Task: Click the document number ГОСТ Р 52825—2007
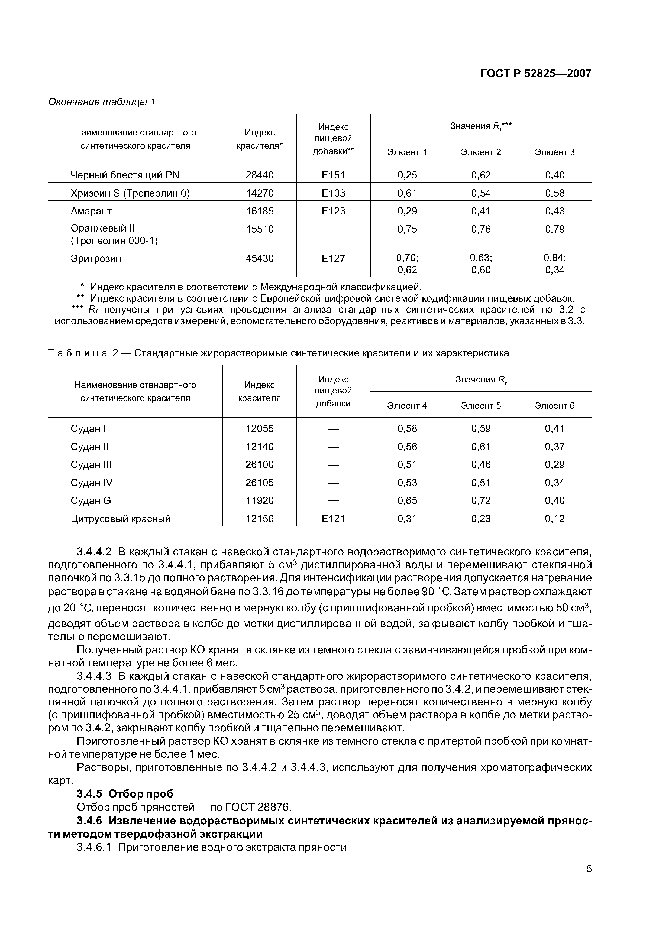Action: [x=535, y=74]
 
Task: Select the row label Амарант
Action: [x=91, y=211]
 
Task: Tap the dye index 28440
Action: [x=260, y=175]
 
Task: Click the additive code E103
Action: [x=333, y=193]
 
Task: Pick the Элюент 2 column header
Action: [x=481, y=152]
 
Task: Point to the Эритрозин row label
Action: [x=96, y=259]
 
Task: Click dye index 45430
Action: [x=260, y=259]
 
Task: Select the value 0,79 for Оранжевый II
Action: [x=555, y=229]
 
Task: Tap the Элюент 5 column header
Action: [x=481, y=405]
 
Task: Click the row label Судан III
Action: [x=91, y=465]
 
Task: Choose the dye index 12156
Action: [x=260, y=519]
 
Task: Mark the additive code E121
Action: [x=333, y=519]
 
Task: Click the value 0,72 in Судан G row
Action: [x=481, y=501]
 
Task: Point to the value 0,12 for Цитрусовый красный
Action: [x=555, y=519]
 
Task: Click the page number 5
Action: [x=589, y=880]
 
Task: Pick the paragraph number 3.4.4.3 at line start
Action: [x=94, y=676]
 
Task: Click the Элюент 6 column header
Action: [x=555, y=405]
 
